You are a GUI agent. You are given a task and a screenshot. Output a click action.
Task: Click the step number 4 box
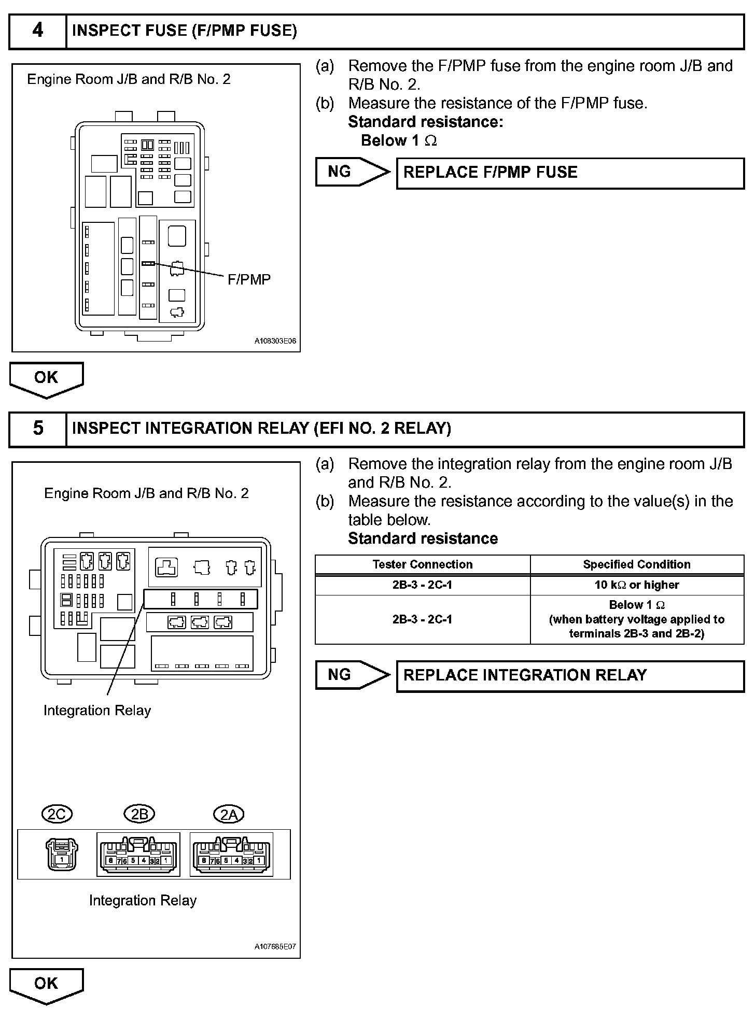click(38, 31)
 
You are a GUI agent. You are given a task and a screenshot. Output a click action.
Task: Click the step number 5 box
click(38, 429)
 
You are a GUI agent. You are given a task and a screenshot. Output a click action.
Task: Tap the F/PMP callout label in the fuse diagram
click(249, 280)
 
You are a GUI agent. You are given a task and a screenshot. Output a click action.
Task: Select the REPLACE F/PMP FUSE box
click(570, 173)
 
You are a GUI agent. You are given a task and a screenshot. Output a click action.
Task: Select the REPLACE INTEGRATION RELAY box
click(570, 676)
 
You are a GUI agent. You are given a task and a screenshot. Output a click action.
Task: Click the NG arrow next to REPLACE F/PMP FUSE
click(352, 172)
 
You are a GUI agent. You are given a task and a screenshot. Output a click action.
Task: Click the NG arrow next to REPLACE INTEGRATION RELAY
click(352, 675)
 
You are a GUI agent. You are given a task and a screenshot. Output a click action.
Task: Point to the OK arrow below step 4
click(46, 379)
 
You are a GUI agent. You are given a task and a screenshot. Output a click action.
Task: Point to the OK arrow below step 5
click(46, 985)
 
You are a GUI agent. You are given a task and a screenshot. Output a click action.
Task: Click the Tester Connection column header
click(423, 564)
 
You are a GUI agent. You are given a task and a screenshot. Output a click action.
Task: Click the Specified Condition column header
click(637, 564)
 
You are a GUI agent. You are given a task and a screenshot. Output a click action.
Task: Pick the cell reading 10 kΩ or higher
click(637, 585)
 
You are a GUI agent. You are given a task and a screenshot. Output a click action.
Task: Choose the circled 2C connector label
click(57, 815)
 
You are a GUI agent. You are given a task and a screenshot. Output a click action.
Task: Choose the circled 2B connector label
click(139, 815)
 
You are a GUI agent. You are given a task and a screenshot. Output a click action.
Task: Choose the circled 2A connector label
click(229, 815)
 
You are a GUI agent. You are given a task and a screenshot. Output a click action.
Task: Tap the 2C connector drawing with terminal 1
click(62, 854)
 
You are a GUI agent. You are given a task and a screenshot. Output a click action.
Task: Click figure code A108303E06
click(275, 342)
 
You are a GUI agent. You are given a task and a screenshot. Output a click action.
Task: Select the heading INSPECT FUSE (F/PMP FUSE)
click(184, 31)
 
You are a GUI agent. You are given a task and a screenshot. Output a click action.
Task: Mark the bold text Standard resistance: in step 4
click(425, 122)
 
